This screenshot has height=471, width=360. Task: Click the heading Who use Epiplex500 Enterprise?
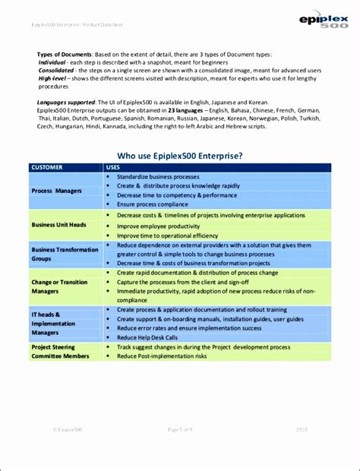pos(179,155)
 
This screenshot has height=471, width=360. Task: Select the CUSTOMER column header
pos(47,166)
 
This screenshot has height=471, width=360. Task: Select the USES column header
pos(112,166)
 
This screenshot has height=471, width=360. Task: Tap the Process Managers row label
pos(57,191)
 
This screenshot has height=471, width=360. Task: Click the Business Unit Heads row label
pos(58,225)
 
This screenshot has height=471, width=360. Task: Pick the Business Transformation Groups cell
pos(65,254)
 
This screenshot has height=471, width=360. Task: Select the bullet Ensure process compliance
pos(152,204)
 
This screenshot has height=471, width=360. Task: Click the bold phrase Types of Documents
pos(65,55)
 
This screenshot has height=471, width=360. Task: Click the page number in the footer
pos(180,450)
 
